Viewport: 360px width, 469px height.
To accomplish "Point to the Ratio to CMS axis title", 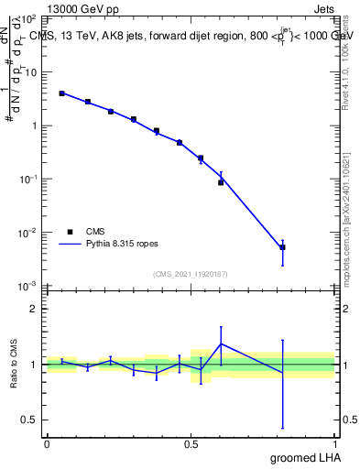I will [x=14, y=364].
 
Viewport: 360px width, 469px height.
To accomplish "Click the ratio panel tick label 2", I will [x=34, y=309].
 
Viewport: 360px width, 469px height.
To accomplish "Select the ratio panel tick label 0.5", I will [x=30, y=420].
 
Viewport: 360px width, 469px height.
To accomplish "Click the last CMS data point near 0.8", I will [x=283, y=247].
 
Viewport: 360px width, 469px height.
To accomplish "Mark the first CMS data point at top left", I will [x=61, y=93].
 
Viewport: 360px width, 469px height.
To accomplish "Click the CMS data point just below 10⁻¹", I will [x=221, y=182].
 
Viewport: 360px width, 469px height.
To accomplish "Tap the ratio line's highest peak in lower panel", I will [x=221, y=344].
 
